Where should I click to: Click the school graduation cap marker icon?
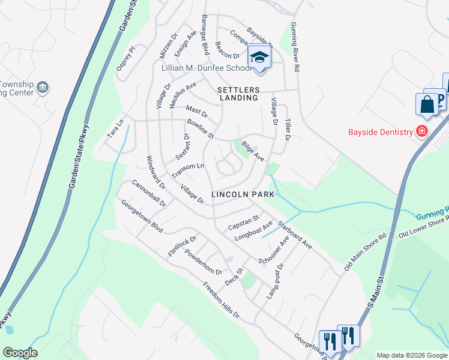pos(259,58)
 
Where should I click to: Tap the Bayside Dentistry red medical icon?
pos(422,131)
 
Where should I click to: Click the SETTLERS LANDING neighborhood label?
pos(237,93)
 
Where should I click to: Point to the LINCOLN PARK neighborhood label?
pos(243,194)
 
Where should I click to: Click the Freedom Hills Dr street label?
pos(221,300)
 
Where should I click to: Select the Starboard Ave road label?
pos(294,235)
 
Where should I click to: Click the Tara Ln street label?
pos(115,127)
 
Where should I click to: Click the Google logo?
pos(20,353)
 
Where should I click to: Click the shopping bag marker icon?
pos(427,104)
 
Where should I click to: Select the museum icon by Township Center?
pos(43,88)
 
